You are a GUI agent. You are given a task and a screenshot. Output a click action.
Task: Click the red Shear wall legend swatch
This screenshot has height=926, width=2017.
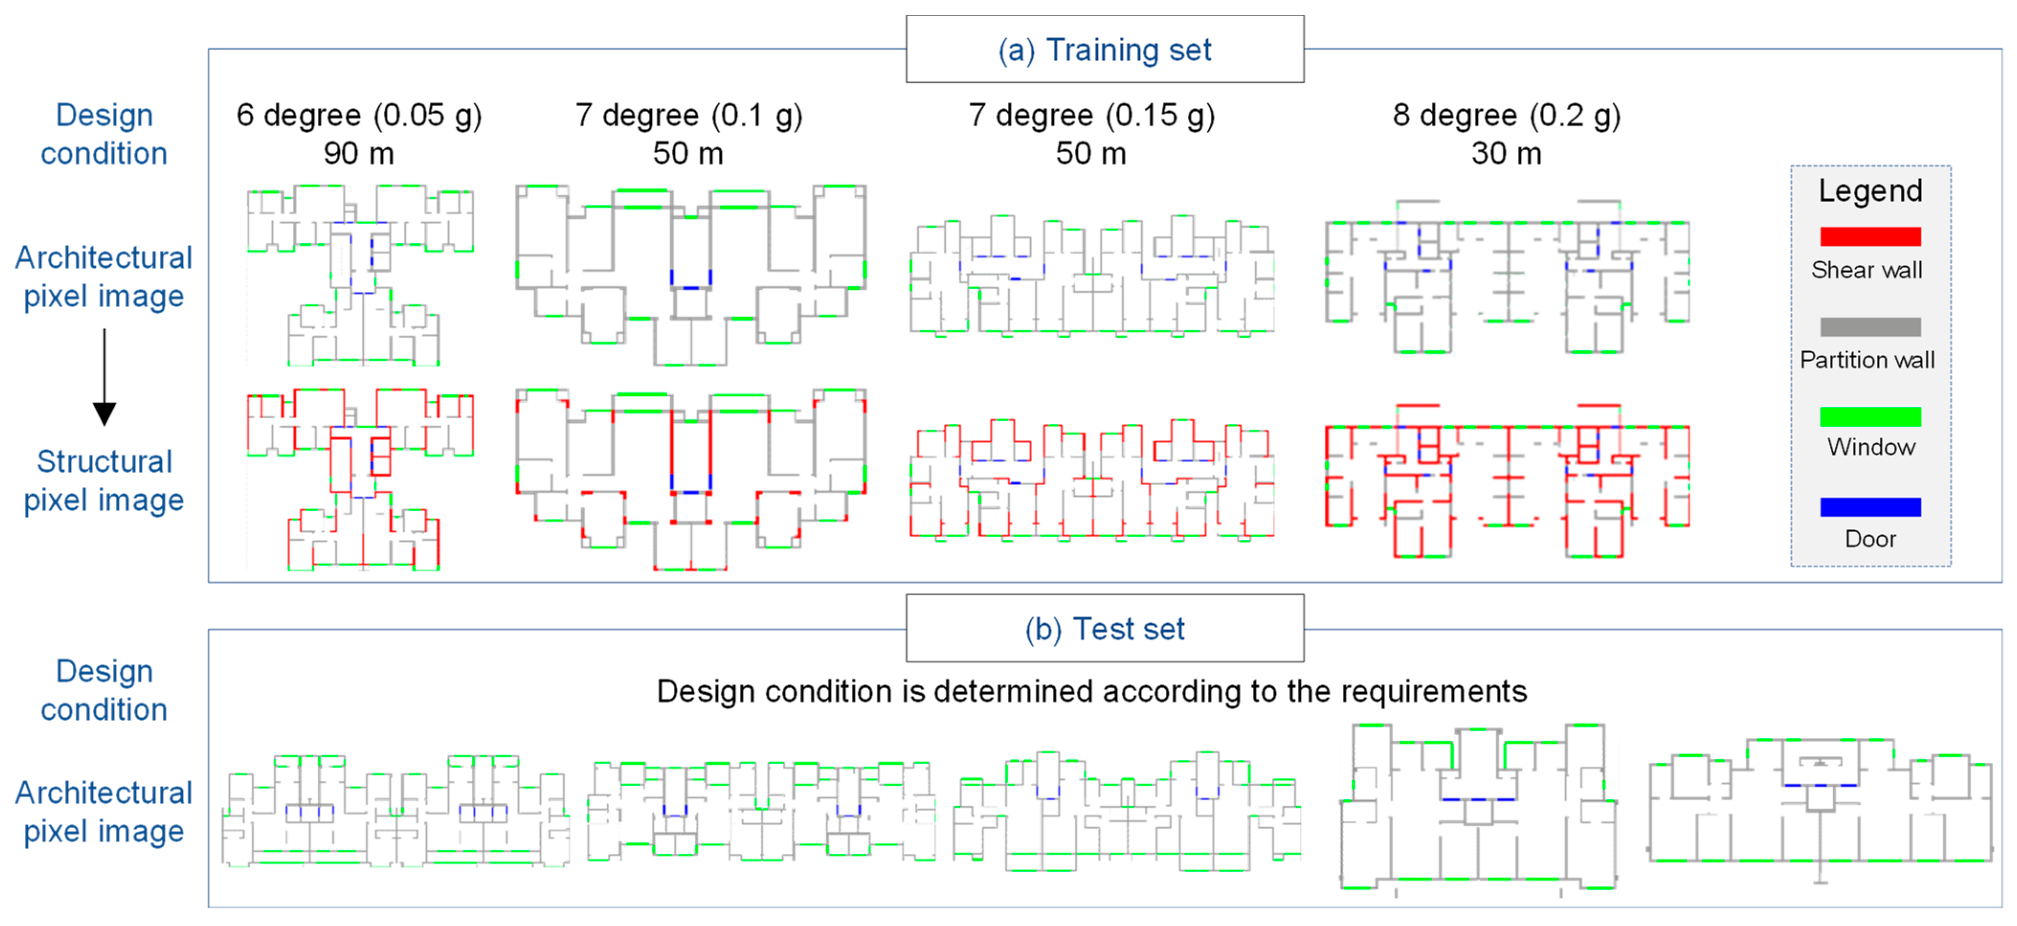(1870, 236)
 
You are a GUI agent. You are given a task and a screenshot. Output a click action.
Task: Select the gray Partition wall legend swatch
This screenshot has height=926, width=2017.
(1870, 326)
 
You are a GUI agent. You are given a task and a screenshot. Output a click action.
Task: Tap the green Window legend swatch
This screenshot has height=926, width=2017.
(1870, 416)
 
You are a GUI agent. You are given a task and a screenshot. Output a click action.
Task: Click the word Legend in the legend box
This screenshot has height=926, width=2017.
(1870, 191)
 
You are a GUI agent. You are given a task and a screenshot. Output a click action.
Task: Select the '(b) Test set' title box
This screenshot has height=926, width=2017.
(1104, 628)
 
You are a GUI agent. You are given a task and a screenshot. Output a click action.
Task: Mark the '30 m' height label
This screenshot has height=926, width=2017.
(1506, 154)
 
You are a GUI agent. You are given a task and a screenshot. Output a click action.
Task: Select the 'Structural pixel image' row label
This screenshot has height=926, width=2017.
(104, 480)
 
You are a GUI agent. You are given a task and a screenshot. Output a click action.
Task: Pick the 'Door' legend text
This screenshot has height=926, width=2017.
(1870, 539)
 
